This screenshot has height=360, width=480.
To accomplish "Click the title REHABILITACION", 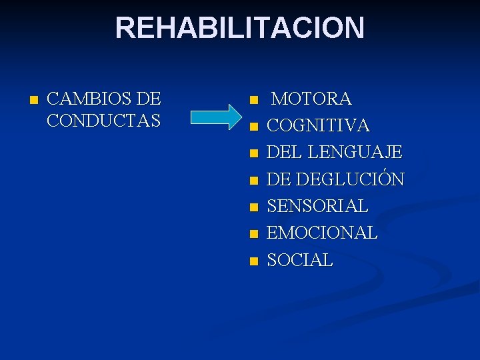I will (x=240, y=28).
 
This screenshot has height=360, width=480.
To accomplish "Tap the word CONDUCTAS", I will (x=104, y=121).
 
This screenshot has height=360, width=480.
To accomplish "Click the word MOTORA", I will (x=312, y=99).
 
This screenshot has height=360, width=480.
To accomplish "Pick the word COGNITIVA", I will (x=318, y=126).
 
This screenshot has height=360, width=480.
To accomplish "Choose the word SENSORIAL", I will (x=317, y=207).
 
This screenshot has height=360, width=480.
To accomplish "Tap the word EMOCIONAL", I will (x=322, y=233).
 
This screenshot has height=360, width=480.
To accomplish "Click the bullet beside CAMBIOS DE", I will (x=34, y=101).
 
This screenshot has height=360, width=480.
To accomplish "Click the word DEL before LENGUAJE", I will (x=281, y=153).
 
